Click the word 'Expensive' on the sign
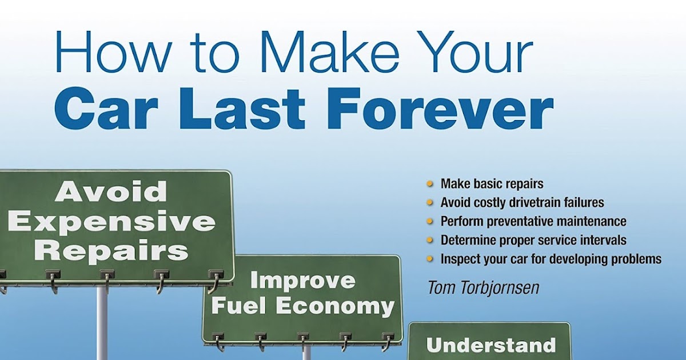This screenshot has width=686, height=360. (112, 222)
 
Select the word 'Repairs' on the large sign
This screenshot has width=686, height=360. (111, 250)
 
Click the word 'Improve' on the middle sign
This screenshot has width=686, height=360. (302, 281)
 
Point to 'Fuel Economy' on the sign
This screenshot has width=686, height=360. (302, 306)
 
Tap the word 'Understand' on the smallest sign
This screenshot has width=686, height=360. (490, 345)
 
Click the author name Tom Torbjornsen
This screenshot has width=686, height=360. (483, 287)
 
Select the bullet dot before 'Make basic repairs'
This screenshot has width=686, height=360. (430, 184)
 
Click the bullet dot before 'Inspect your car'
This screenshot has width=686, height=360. (430, 259)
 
